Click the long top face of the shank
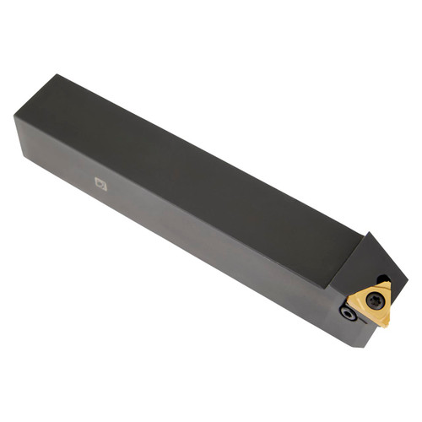click(194, 160)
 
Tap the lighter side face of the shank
click(169, 228)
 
